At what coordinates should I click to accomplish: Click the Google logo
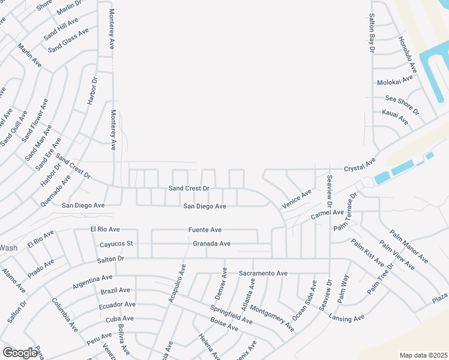coord(20,353)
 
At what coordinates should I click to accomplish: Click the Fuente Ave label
coord(205,229)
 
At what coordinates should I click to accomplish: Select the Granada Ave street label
coord(211,244)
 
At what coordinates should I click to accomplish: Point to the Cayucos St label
coord(116,244)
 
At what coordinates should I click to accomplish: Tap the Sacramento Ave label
coord(263,273)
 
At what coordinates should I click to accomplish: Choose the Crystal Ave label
coord(359,166)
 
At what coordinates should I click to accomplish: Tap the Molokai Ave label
coord(394,80)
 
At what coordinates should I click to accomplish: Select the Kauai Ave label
coord(395,117)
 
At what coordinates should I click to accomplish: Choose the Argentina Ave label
coord(92,281)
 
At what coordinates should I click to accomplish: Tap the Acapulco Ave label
coord(177,281)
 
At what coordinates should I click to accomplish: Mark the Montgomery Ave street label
coord(273,318)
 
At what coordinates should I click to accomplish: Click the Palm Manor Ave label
coord(409,247)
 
